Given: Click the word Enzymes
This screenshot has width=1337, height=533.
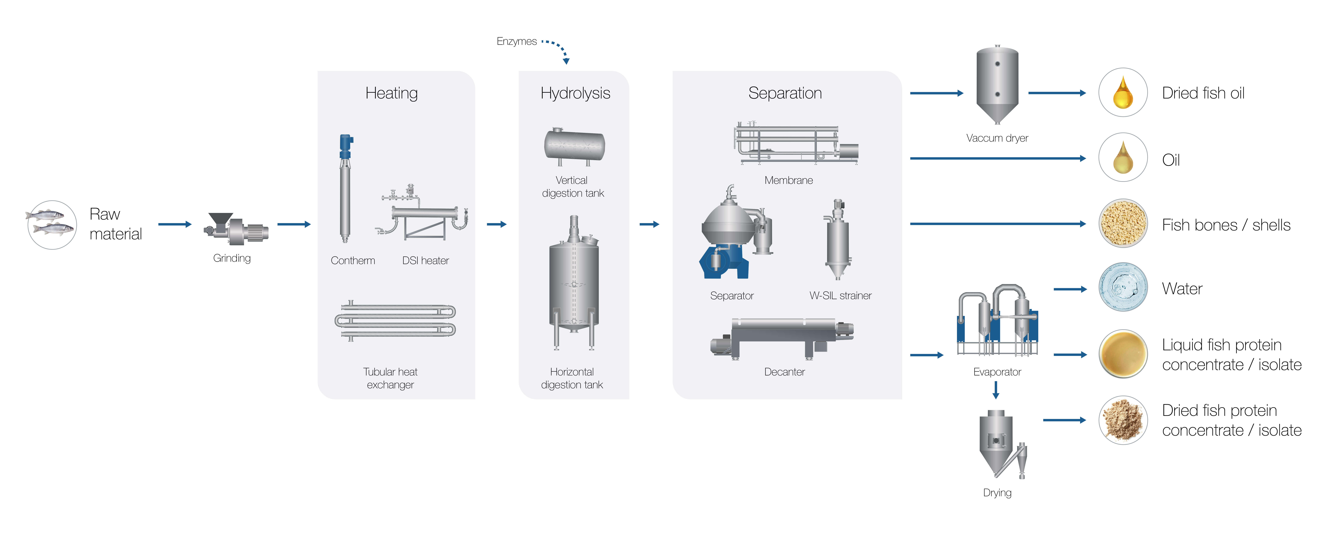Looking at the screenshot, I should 516,42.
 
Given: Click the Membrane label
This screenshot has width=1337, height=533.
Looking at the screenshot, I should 788,180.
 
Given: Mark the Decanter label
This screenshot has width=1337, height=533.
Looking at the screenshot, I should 784,372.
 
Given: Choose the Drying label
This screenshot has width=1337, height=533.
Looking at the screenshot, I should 997,493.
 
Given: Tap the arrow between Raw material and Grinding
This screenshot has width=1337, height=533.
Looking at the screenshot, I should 174,224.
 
